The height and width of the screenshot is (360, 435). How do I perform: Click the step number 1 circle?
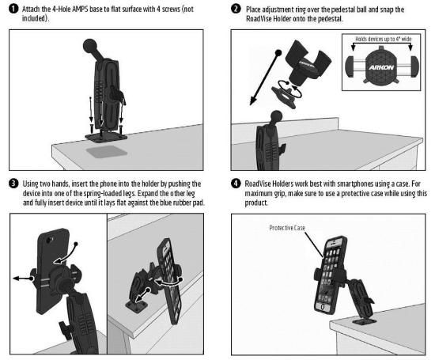click(x=13, y=9)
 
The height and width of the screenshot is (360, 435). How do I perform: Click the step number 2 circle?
click(x=236, y=9)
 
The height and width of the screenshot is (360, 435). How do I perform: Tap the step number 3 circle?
click(x=13, y=184)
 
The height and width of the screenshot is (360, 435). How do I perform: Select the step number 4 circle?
click(x=236, y=184)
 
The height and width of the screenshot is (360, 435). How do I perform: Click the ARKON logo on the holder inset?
click(x=381, y=67)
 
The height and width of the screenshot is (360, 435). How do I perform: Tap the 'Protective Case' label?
click(x=287, y=228)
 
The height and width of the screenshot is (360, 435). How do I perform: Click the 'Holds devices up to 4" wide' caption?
click(x=384, y=39)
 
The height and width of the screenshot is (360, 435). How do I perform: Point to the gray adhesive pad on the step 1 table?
click(x=107, y=152)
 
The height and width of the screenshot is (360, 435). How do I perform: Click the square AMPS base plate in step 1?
click(x=106, y=138)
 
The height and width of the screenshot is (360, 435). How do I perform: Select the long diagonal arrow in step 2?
click(x=266, y=78)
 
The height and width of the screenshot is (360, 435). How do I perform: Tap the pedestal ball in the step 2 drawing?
click(x=276, y=116)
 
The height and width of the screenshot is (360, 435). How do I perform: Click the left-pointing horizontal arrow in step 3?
click(x=23, y=279)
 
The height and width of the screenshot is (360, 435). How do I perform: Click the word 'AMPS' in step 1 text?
click(x=81, y=9)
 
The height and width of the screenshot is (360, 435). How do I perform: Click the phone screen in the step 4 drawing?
click(x=330, y=274)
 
